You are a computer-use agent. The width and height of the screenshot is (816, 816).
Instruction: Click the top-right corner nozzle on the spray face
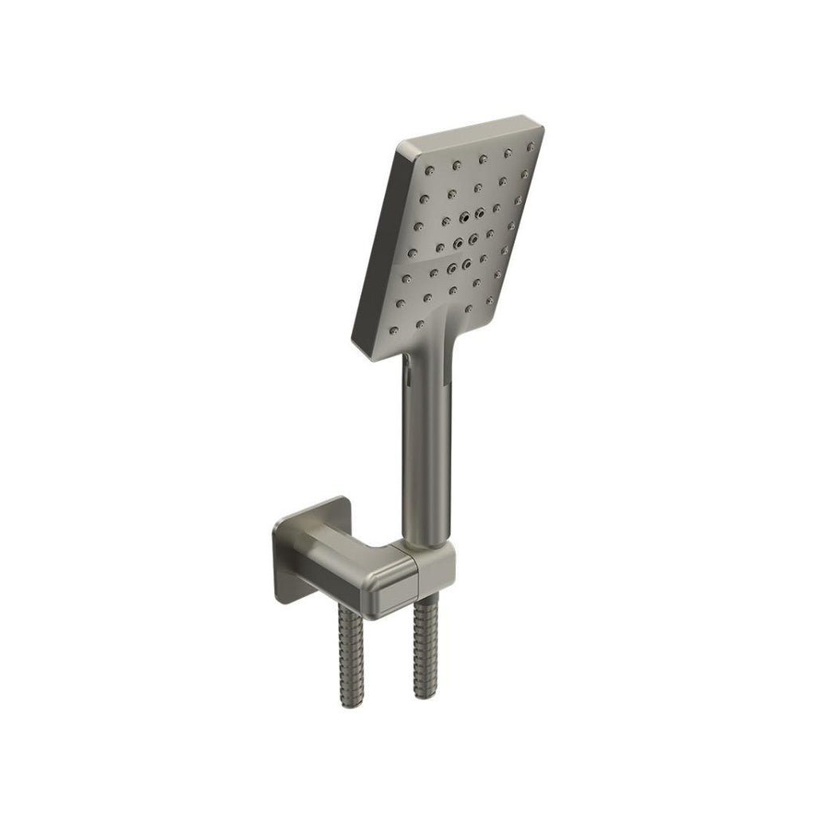click(x=530, y=147)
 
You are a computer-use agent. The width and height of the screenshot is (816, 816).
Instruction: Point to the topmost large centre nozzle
click(x=465, y=216)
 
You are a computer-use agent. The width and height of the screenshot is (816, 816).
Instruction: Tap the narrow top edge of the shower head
click(x=470, y=131)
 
